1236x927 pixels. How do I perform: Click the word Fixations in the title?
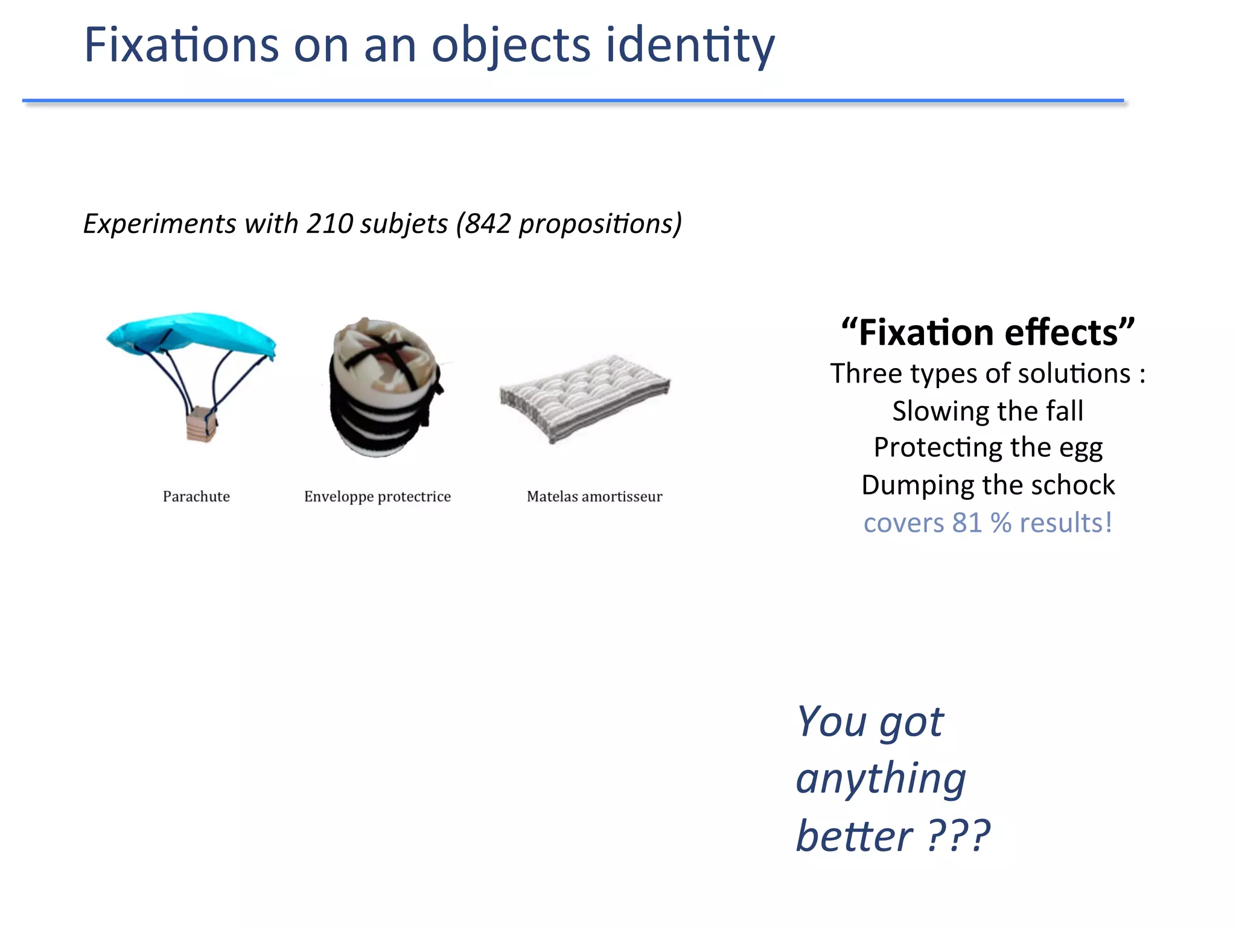181,45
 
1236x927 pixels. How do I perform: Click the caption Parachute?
196,497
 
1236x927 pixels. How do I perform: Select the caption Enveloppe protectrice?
377,497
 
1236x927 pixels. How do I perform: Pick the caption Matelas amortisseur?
594,497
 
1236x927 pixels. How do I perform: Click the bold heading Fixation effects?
988,333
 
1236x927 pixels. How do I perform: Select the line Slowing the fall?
988,411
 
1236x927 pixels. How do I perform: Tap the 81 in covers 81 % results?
967,523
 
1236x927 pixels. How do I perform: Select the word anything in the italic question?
881,779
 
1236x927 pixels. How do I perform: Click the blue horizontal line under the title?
573,100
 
